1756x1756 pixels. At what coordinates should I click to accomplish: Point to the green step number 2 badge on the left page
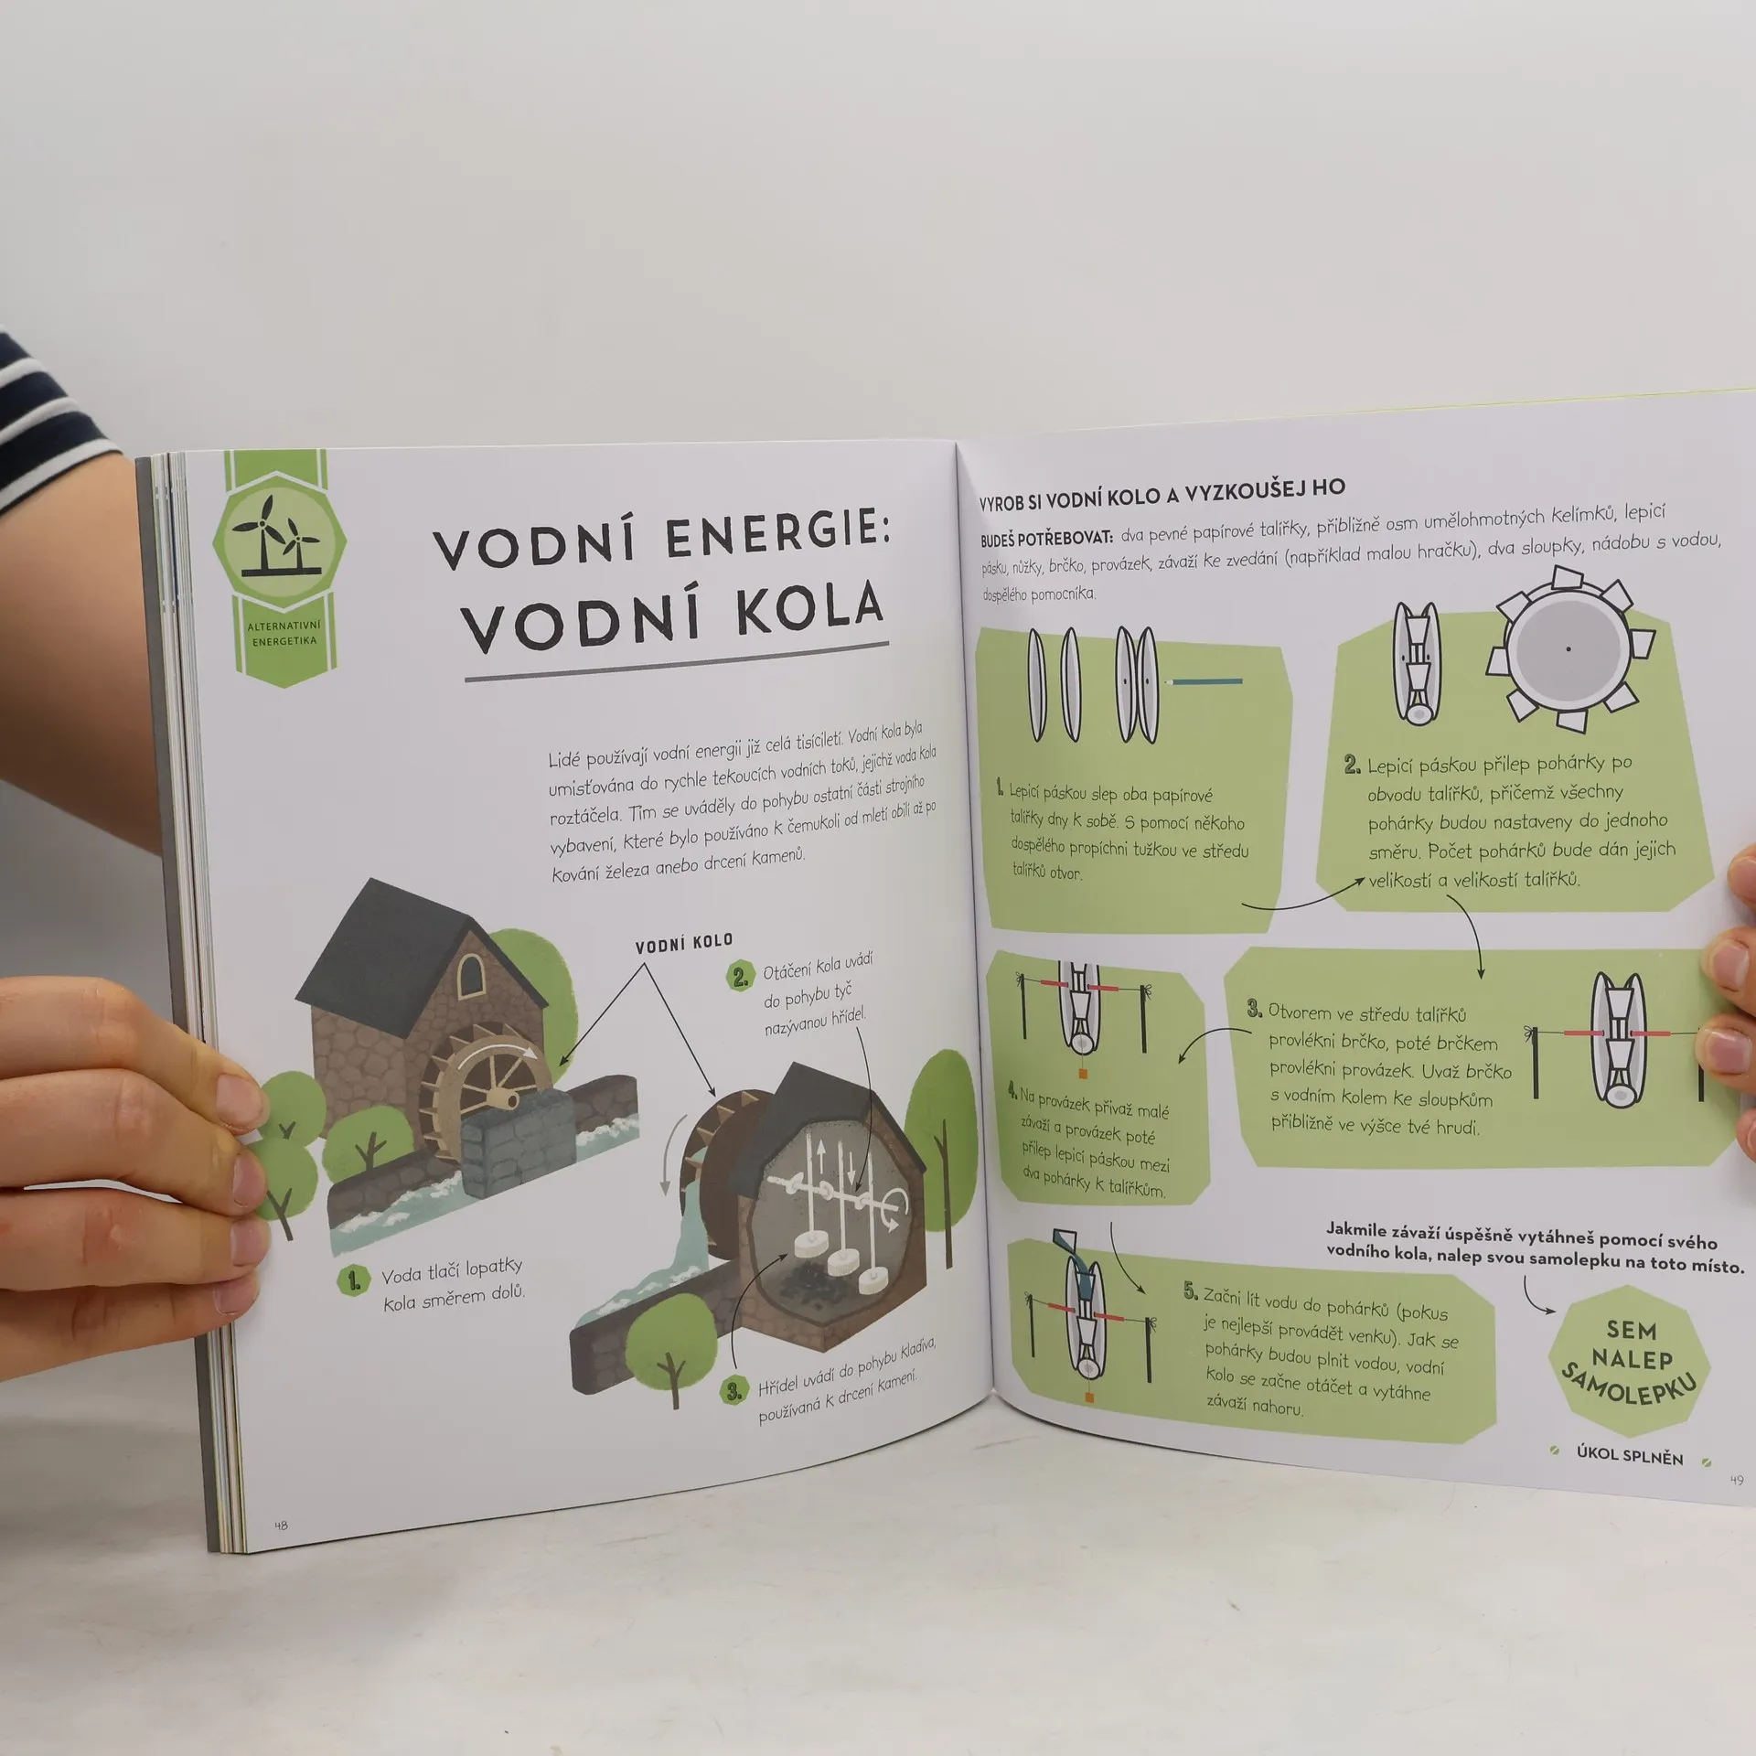point(740,977)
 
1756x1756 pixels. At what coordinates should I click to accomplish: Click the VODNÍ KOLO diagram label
point(684,943)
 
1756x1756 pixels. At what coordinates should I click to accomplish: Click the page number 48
point(281,1525)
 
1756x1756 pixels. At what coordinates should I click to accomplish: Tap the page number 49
point(1736,1480)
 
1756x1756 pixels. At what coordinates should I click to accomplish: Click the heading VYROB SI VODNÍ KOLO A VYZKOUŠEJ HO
point(1162,494)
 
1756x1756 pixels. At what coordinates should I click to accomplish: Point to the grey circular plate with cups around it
point(1569,648)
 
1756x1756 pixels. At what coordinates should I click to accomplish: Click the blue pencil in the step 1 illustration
point(1205,681)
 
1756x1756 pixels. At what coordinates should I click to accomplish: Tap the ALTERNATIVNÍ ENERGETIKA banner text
point(284,633)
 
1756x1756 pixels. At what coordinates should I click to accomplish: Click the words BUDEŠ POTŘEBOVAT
point(1047,539)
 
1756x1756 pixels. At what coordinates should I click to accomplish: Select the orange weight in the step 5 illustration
point(1088,1398)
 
